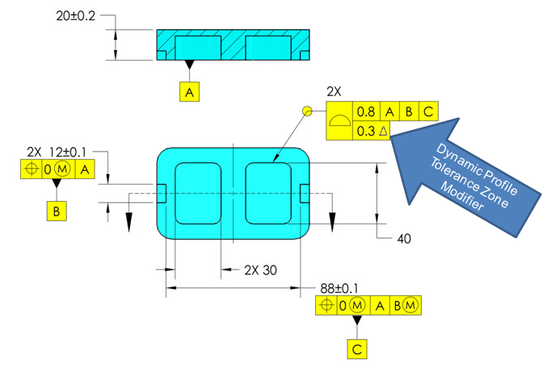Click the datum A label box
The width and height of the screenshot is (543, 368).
click(190, 93)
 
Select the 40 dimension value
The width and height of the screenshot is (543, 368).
click(406, 238)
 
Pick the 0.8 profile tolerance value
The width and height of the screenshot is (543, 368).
click(366, 112)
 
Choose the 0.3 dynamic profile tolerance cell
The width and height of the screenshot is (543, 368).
click(372, 131)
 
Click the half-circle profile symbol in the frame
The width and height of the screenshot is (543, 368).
click(340, 121)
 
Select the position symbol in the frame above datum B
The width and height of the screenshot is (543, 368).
click(32, 169)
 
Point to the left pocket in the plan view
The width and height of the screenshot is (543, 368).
click(197, 193)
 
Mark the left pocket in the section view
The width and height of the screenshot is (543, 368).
click(197, 48)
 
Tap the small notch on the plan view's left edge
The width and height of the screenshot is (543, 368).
click(161, 193)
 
